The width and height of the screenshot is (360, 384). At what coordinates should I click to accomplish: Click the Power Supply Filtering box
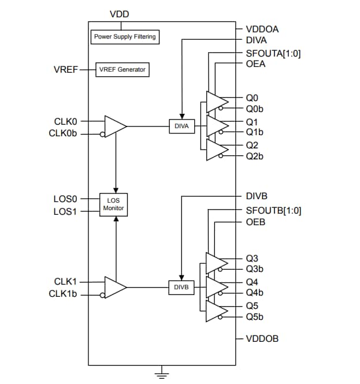(x=125, y=37)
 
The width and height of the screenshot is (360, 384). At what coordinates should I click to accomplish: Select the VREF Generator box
(x=123, y=70)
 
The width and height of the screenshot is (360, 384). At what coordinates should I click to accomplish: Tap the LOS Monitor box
(x=114, y=204)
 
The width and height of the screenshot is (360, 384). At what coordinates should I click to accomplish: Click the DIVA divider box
(x=182, y=126)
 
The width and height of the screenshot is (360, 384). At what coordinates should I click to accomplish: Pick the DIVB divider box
(x=182, y=286)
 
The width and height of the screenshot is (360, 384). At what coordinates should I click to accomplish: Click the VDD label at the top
(x=120, y=13)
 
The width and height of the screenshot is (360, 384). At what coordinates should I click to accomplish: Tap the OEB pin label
(x=255, y=222)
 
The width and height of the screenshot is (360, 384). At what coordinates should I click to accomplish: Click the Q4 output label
(x=252, y=282)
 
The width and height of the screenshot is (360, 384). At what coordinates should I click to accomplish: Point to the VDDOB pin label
(x=262, y=338)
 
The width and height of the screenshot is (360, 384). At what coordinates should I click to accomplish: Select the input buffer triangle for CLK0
(x=114, y=126)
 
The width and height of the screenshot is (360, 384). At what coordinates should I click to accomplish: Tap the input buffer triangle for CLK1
(x=114, y=286)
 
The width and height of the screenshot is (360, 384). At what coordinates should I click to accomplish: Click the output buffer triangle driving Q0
(x=217, y=102)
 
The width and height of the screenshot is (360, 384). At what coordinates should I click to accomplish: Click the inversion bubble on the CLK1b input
(x=102, y=295)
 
